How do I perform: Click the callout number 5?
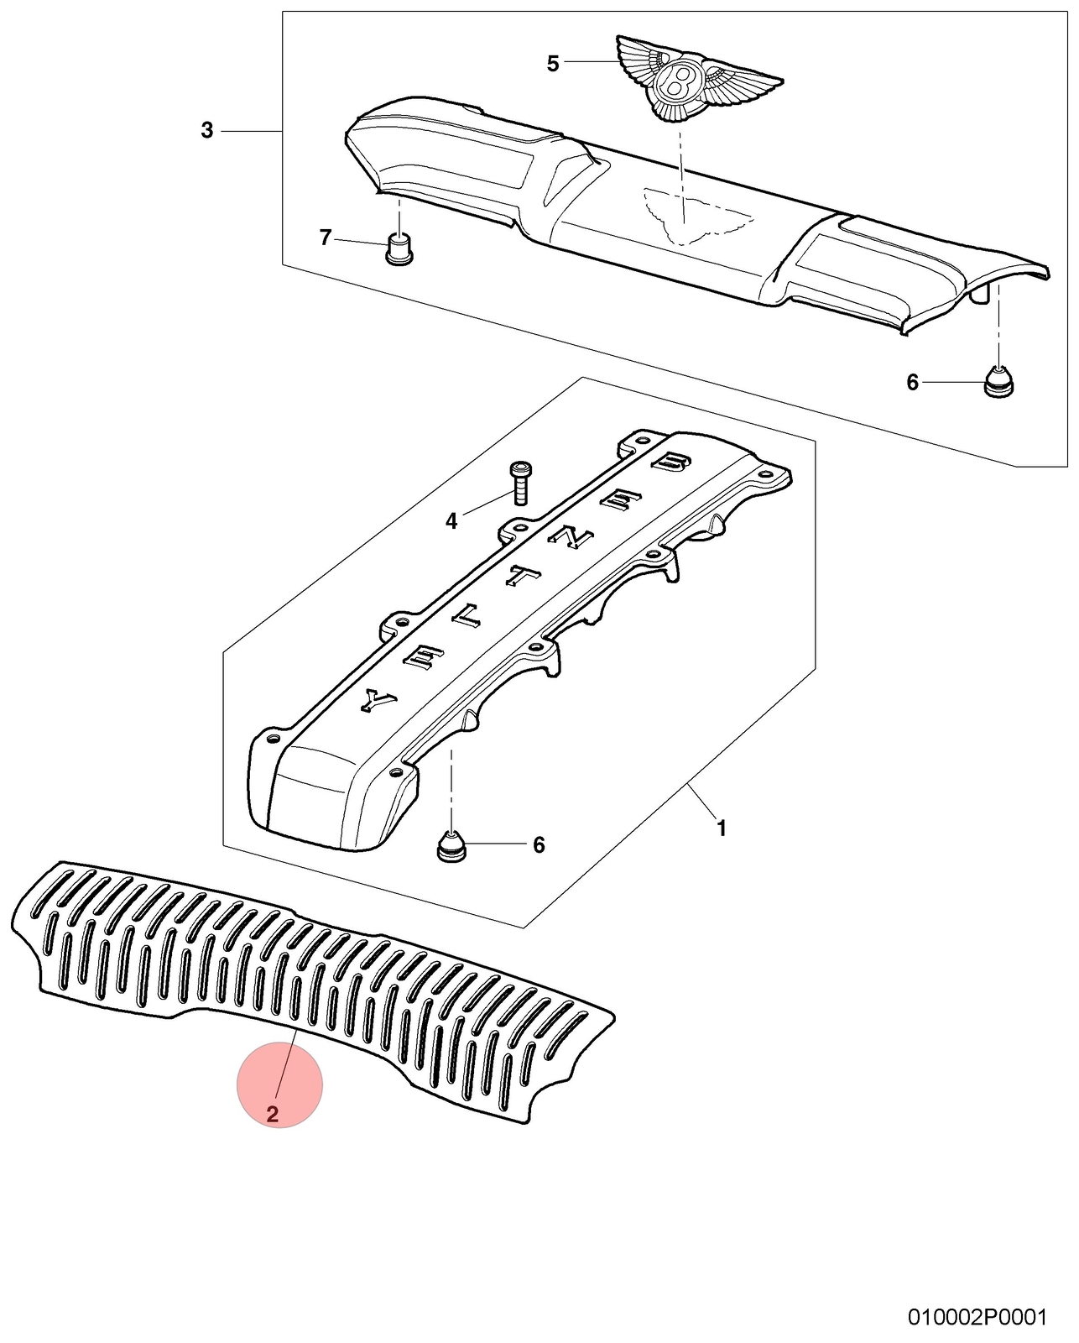click(553, 64)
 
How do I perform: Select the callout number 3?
click(207, 131)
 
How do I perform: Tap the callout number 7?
click(326, 238)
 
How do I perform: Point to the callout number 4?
click(451, 521)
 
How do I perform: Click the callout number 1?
click(722, 829)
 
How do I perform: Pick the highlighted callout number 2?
click(273, 1114)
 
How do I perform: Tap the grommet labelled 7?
click(398, 249)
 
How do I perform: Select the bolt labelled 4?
click(519, 483)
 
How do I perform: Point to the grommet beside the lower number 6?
click(451, 847)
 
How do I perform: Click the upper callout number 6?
click(912, 382)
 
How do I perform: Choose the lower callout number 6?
click(539, 845)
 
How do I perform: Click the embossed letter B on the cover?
click(671, 462)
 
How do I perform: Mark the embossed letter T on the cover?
click(522, 577)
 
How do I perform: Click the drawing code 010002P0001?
click(978, 1318)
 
